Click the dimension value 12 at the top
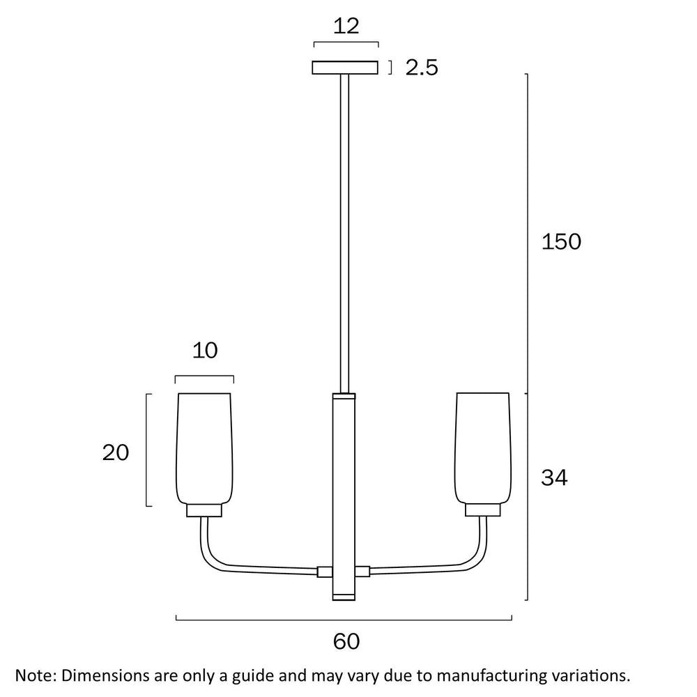tap(346, 26)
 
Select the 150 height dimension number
tap(560, 242)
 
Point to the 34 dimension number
tap(554, 478)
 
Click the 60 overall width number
tap(346, 641)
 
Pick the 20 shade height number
tap(116, 453)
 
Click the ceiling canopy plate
tap(345, 68)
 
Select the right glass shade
tap(484, 446)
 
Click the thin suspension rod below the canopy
tap(344, 230)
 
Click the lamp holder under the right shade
tap(484, 511)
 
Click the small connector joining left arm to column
tap(325, 572)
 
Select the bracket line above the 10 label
tap(204, 377)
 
